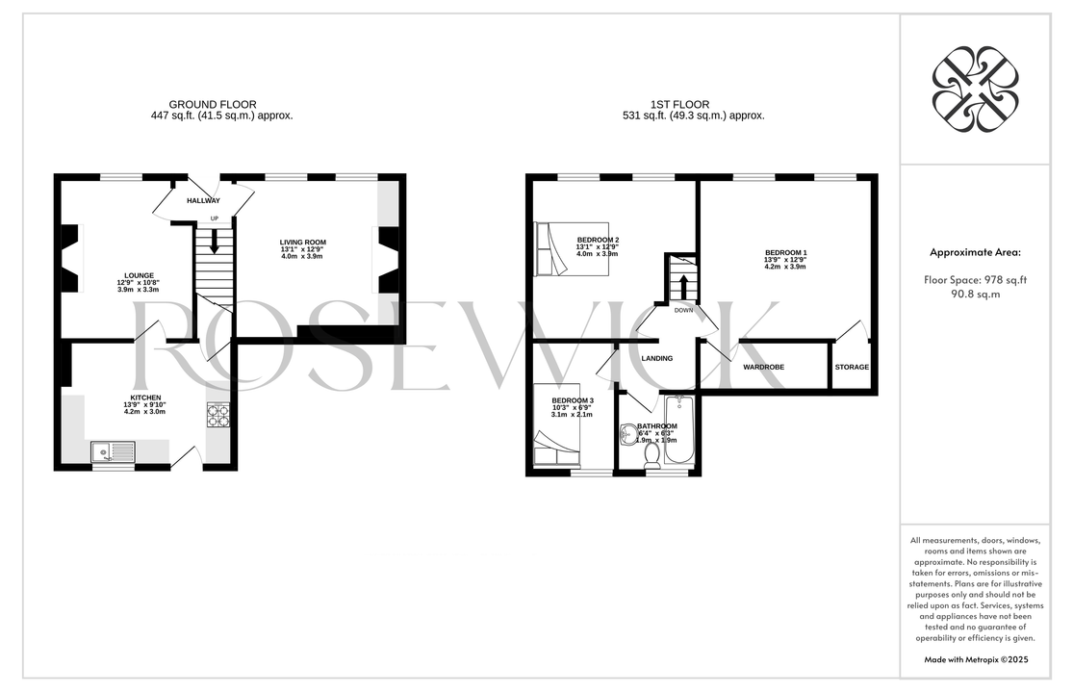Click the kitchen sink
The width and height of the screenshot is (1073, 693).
[114, 452]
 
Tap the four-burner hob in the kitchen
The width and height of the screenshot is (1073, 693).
[218, 415]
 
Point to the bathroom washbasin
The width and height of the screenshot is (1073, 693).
[627, 434]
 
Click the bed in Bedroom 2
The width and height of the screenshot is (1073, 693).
[571, 248]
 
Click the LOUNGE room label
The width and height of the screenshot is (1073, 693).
[139, 275]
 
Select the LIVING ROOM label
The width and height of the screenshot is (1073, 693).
[302, 243]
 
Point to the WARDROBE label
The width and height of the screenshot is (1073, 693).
[764, 368]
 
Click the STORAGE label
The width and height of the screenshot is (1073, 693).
[852, 368]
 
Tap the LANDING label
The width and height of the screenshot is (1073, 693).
[657, 358]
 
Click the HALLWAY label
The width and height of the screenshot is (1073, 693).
[204, 201]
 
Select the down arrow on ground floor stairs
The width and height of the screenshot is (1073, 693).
[215, 241]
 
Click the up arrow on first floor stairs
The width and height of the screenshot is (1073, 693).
[682, 286]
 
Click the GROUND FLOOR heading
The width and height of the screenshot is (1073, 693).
[213, 105]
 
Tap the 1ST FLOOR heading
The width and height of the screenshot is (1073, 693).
[679, 105]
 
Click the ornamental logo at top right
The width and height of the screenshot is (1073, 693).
[975, 89]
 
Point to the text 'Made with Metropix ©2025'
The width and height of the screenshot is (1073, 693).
[976, 660]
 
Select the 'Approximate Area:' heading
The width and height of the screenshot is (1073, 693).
[975, 252]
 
